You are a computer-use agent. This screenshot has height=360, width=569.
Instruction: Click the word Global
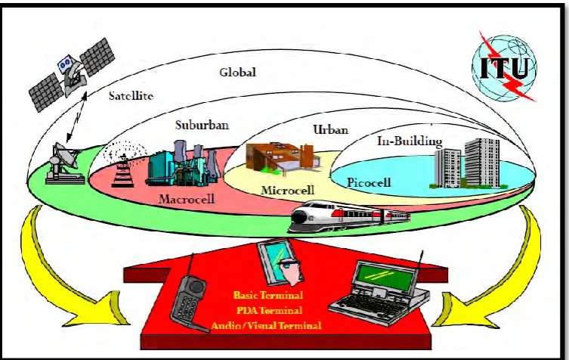pos(238,72)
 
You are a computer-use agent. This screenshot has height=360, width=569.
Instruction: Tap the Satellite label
pos(131,95)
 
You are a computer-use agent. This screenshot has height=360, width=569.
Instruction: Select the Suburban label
pos(202,125)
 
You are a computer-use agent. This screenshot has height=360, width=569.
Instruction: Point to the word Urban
pos(330,129)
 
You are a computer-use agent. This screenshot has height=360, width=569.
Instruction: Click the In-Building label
pos(410,141)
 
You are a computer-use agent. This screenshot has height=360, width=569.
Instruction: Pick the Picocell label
pos(369,182)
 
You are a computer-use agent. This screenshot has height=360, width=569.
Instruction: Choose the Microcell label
pos(288,190)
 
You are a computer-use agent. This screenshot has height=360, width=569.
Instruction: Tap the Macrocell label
pos(187,199)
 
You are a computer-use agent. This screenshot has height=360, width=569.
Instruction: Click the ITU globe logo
pos(505,68)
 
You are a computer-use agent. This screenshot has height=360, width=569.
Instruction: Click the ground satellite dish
pos(64,163)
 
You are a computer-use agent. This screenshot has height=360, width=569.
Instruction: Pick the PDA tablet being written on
pos(274,261)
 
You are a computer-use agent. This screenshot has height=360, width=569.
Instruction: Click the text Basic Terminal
pos(268,295)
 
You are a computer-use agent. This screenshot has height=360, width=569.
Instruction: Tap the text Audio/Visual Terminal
pos(266,325)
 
